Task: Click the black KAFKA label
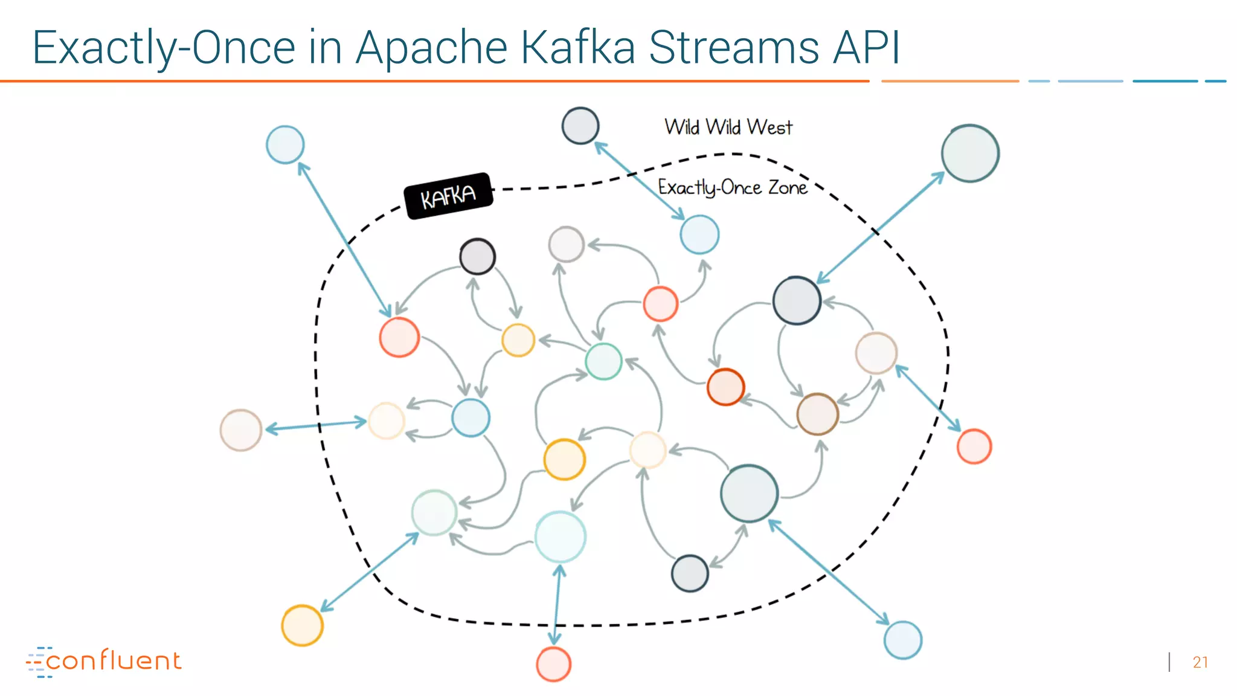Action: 448,196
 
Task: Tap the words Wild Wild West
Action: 728,127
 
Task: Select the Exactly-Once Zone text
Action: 732,187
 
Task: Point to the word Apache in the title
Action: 431,48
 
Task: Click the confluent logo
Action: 104,661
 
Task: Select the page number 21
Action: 1200,662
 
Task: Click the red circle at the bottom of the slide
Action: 553,664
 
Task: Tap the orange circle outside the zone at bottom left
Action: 302,625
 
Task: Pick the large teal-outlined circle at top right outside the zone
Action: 970,153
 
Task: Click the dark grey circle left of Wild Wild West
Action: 580,126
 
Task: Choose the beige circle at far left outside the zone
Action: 240,430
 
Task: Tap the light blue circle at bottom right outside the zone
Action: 902,640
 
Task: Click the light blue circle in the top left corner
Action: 285,144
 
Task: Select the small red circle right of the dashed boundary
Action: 974,446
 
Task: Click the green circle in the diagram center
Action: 603,361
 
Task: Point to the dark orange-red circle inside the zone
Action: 725,387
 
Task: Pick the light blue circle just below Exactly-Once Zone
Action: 699,234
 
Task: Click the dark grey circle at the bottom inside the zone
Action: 689,573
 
